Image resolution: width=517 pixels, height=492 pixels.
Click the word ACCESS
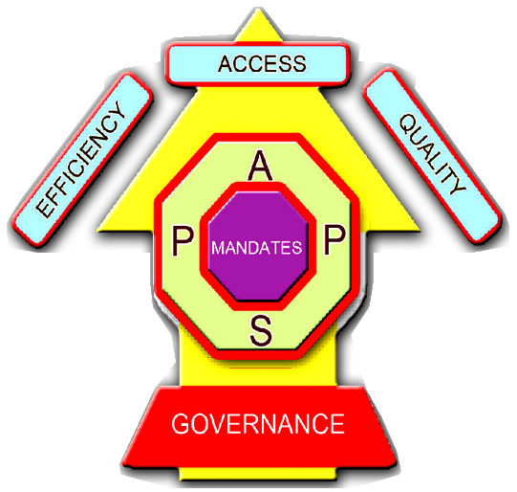[x=262, y=64]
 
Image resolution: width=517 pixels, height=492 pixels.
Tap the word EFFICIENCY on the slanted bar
[x=81, y=159]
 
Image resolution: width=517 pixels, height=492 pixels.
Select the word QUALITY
[x=433, y=154]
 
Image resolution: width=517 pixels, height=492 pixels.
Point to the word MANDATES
[x=257, y=248]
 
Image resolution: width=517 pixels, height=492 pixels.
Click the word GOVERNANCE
[x=258, y=424]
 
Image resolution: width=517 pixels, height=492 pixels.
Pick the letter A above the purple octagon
[x=260, y=166]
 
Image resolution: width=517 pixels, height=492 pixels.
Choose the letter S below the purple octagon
[x=261, y=330]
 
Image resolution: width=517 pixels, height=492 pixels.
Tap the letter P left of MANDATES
[x=183, y=242]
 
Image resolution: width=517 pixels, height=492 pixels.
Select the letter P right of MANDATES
[x=334, y=239]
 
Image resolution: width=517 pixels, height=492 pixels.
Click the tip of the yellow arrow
[x=259, y=9]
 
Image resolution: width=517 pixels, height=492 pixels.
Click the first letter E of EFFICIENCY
[x=44, y=209]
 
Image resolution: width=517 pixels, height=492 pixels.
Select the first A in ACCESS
[x=226, y=64]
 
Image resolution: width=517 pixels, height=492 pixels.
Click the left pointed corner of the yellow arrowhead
[x=98, y=230]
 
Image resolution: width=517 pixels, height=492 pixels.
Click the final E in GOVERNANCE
[x=337, y=424]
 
